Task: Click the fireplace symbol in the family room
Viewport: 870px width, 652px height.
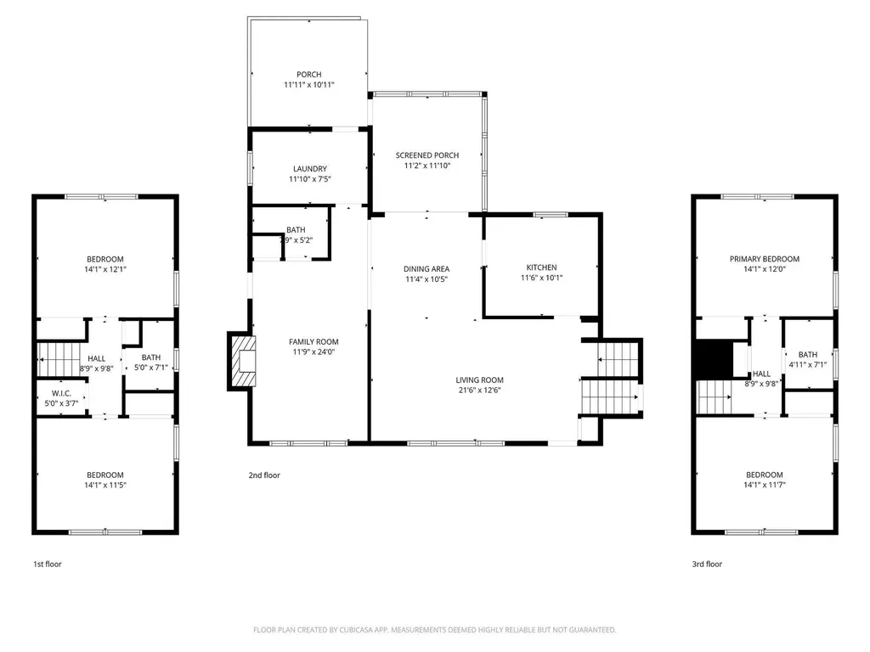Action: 241,361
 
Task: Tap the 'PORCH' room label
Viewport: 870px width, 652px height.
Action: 308,75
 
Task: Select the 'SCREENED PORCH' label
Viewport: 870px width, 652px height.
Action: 427,155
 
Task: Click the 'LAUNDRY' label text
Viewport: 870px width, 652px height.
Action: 308,169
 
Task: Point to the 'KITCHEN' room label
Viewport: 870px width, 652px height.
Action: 541,268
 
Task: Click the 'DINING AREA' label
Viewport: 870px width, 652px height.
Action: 427,269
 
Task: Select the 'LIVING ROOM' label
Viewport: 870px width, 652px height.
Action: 480,380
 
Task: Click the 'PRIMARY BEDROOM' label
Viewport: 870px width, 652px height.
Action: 764,259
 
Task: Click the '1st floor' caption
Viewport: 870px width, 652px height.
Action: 48,564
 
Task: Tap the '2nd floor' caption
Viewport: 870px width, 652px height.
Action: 265,475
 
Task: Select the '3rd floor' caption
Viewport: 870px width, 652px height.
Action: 708,564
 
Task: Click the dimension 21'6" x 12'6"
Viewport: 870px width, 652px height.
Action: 480,391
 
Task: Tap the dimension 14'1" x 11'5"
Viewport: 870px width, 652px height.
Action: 105,485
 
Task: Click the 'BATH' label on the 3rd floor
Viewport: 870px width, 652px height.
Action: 807,355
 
